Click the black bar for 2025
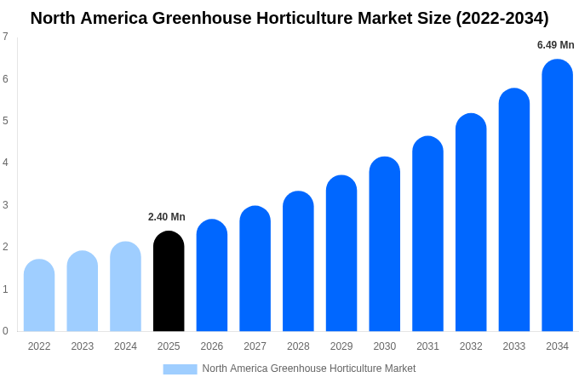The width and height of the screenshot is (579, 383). point(169,282)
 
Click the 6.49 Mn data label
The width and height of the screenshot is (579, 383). point(555,45)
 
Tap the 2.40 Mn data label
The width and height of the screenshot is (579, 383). point(167,217)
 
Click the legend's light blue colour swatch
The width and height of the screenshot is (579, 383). point(180,369)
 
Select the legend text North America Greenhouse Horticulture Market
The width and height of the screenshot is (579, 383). point(308,369)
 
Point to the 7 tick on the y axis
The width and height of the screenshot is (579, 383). point(5,37)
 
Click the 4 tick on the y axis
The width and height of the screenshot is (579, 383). point(5,163)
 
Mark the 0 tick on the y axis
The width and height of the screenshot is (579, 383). point(5,331)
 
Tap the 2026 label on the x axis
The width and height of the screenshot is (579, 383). point(212,346)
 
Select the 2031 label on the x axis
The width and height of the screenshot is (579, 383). point(427,346)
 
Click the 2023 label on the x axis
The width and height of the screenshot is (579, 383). point(83,346)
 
